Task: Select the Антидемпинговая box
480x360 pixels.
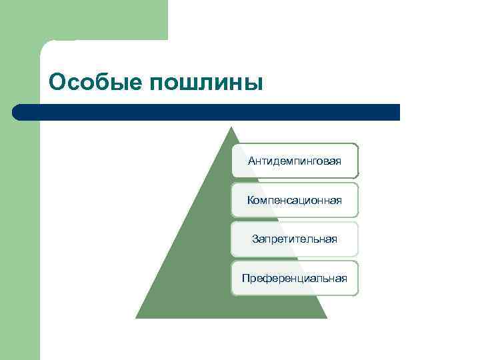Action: (x=295, y=161)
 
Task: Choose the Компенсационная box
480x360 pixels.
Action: (x=295, y=200)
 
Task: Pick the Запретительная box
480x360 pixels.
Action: (x=295, y=239)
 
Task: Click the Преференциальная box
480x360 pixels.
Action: (x=295, y=278)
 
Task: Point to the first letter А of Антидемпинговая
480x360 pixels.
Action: (x=251, y=161)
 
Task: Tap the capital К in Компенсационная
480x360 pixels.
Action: (x=250, y=200)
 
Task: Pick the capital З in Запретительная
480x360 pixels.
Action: (x=255, y=239)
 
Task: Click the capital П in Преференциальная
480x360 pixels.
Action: (x=245, y=278)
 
